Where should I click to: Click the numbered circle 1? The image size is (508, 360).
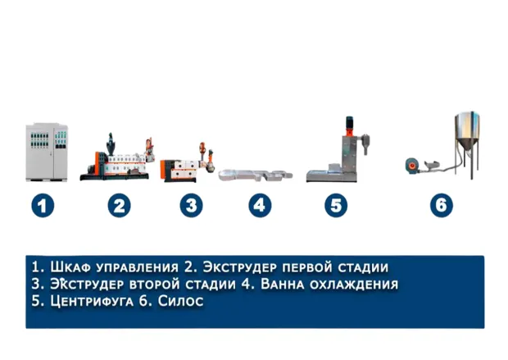[x=43, y=206]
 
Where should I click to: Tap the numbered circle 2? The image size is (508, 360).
[x=120, y=206]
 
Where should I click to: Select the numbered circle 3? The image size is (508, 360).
[x=192, y=206]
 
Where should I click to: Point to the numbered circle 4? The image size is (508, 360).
[x=260, y=206]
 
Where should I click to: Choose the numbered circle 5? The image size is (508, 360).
[x=336, y=206]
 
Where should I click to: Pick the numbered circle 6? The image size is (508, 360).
[x=442, y=206]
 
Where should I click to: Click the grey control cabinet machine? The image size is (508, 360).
[x=47, y=152]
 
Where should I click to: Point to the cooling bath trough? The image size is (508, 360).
[x=256, y=175]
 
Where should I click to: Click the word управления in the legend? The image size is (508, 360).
[x=138, y=268]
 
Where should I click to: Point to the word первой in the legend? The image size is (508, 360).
[x=307, y=268]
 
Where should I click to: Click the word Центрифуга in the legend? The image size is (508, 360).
[x=92, y=301]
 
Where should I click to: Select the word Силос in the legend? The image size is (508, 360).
[x=181, y=301]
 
